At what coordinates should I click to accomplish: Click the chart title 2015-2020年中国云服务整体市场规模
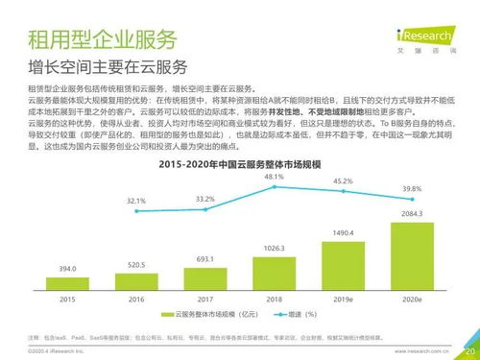tap(240, 165)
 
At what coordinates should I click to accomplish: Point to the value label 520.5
tap(135, 265)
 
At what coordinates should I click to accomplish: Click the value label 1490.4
tap(343, 232)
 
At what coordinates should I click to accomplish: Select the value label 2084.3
tap(411, 213)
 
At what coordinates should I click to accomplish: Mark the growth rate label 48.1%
tap(274, 178)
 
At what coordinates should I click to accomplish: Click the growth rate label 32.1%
tap(135, 202)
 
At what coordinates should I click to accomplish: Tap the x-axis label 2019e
tap(343, 300)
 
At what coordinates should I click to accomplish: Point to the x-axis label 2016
tap(135, 300)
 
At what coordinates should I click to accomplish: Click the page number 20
tap(469, 351)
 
